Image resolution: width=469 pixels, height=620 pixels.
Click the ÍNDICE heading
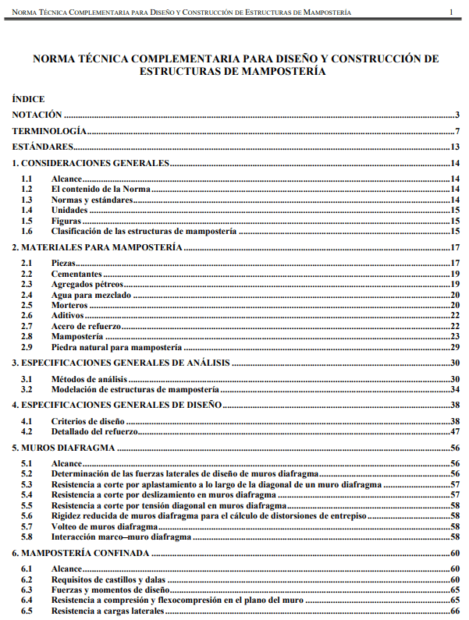coord(28,99)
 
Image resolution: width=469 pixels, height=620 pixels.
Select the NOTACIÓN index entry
coord(37,115)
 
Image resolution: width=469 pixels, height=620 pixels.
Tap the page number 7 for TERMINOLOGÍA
coord(458,131)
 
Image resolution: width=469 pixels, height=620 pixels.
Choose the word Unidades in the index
coord(69,211)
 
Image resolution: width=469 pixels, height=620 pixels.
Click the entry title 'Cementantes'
coord(76,275)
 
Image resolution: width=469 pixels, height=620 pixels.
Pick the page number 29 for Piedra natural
coord(455,347)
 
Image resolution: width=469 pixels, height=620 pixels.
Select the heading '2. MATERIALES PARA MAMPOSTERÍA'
coord(97,247)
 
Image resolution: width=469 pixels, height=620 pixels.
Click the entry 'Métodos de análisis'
coord(89,379)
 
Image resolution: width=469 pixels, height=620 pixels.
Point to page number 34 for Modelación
coord(455,389)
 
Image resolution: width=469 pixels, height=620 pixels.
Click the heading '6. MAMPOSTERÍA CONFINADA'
coord(81,553)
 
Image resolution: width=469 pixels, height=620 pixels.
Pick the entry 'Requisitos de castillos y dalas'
coord(108,580)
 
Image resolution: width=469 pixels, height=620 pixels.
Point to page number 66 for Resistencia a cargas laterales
coord(455,612)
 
